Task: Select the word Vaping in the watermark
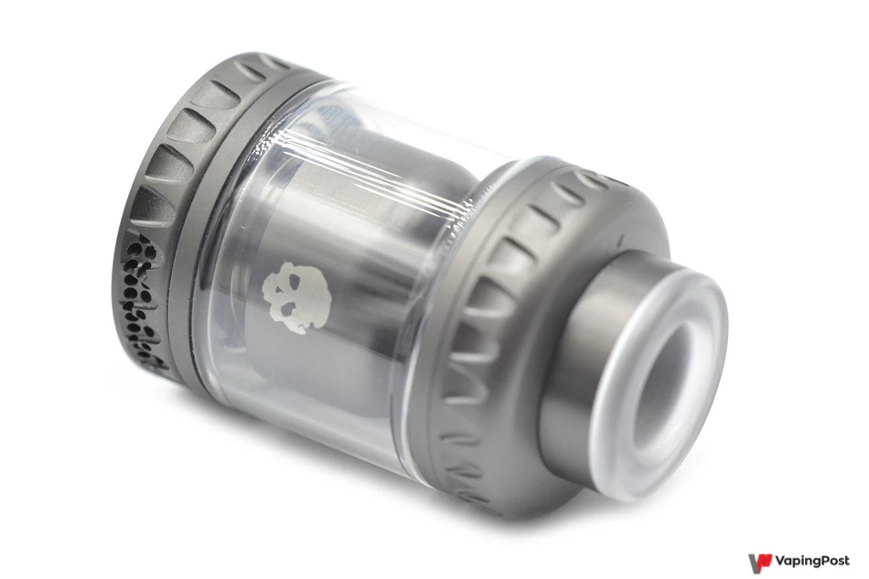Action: click(x=798, y=562)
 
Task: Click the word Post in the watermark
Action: click(x=834, y=560)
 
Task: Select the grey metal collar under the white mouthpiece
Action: click(x=571, y=360)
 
